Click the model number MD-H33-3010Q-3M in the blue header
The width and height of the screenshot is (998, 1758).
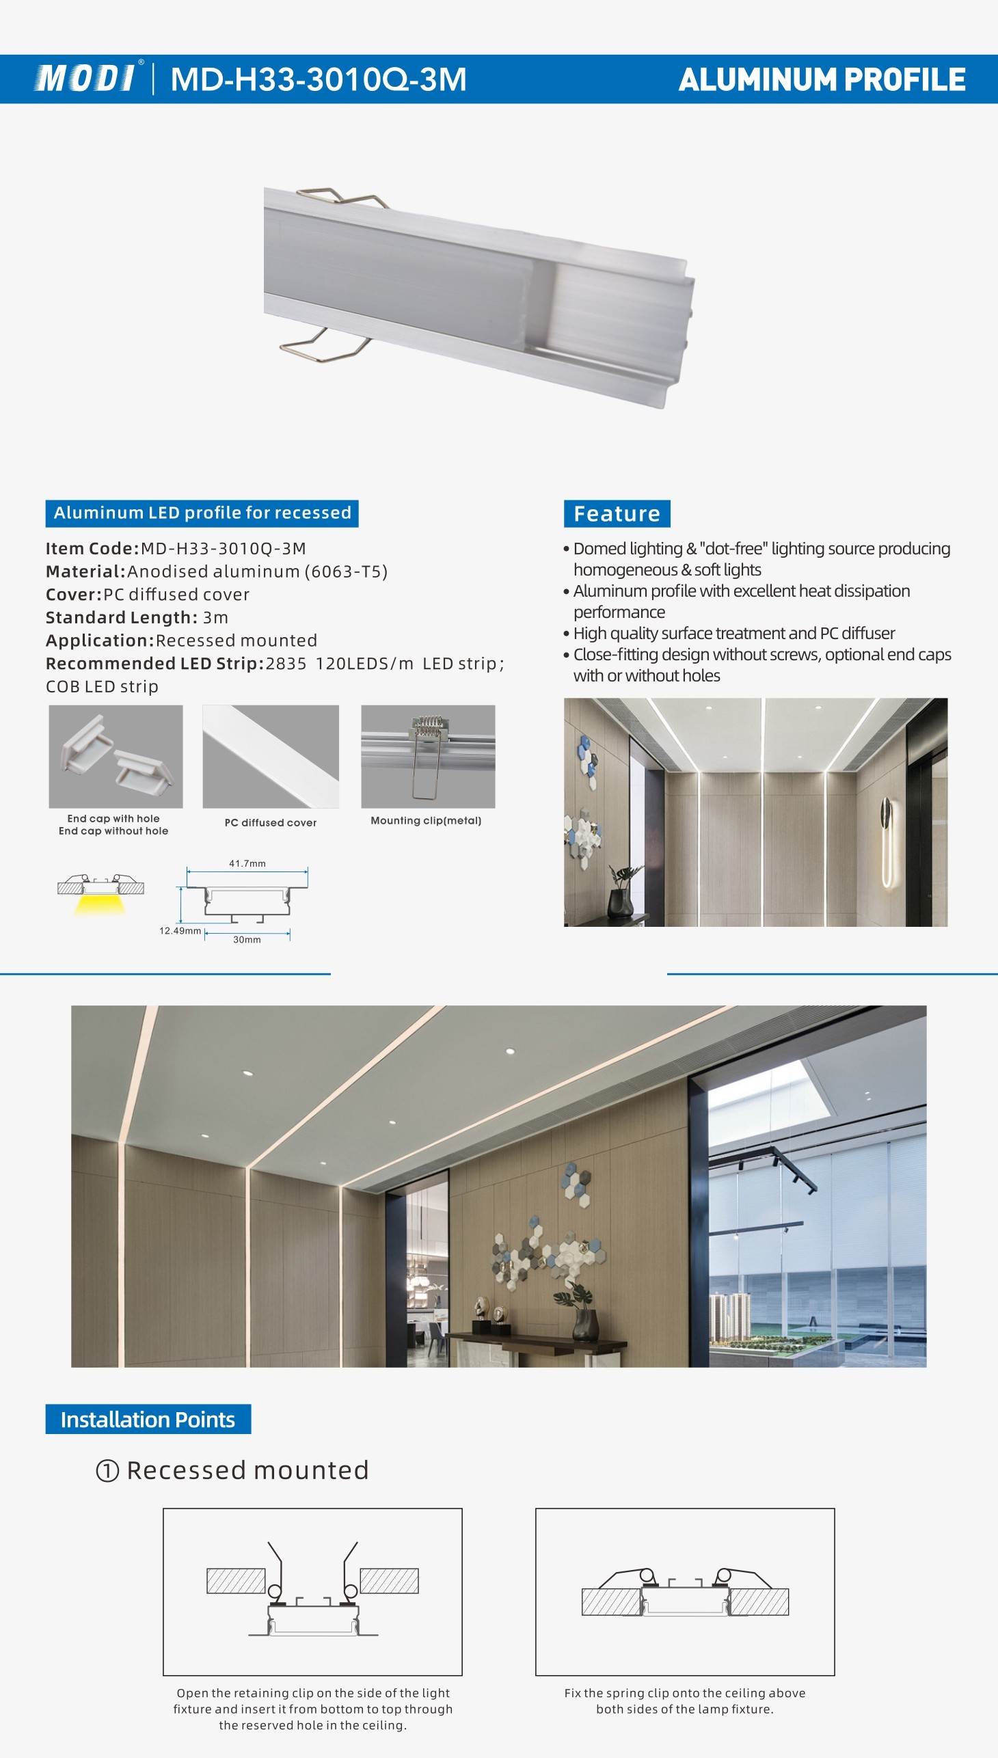click(318, 79)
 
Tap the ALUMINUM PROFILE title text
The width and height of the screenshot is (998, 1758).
click(822, 79)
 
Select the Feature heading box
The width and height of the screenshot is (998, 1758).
click(616, 513)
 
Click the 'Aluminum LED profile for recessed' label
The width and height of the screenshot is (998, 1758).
click(202, 513)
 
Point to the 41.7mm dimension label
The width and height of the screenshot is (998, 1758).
click(247, 863)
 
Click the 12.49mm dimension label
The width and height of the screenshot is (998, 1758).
click(180, 931)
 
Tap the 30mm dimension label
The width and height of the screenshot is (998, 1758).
click(247, 940)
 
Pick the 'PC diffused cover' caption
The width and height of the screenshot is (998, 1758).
click(271, 822)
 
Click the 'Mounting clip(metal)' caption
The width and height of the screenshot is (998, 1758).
click(426, 820)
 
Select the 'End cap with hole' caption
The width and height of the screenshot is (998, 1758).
click(113, 818)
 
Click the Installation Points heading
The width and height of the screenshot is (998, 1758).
click(148, 1420)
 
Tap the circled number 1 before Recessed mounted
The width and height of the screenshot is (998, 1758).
click(107, 1471)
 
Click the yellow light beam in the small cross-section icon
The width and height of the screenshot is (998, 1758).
click(100, 905)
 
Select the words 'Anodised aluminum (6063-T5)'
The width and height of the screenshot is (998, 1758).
click(257, 571)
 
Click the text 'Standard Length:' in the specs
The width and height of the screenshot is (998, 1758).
click(121, 617)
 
